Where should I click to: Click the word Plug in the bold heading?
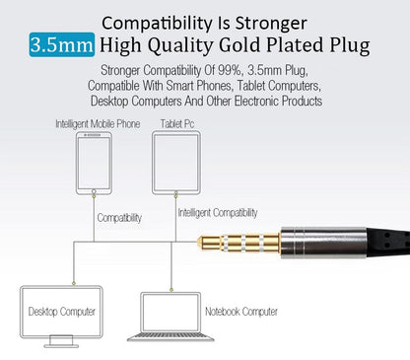pos(348,44)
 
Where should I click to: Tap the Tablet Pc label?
pos(177,123)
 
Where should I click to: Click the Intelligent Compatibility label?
pos(218,212)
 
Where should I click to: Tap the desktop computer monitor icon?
pos(61,315)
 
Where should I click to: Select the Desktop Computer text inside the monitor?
pos(61,312)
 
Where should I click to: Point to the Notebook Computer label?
pos(241,312)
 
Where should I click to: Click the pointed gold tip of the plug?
pos(203,242)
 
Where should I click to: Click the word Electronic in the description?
pos(254,101)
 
